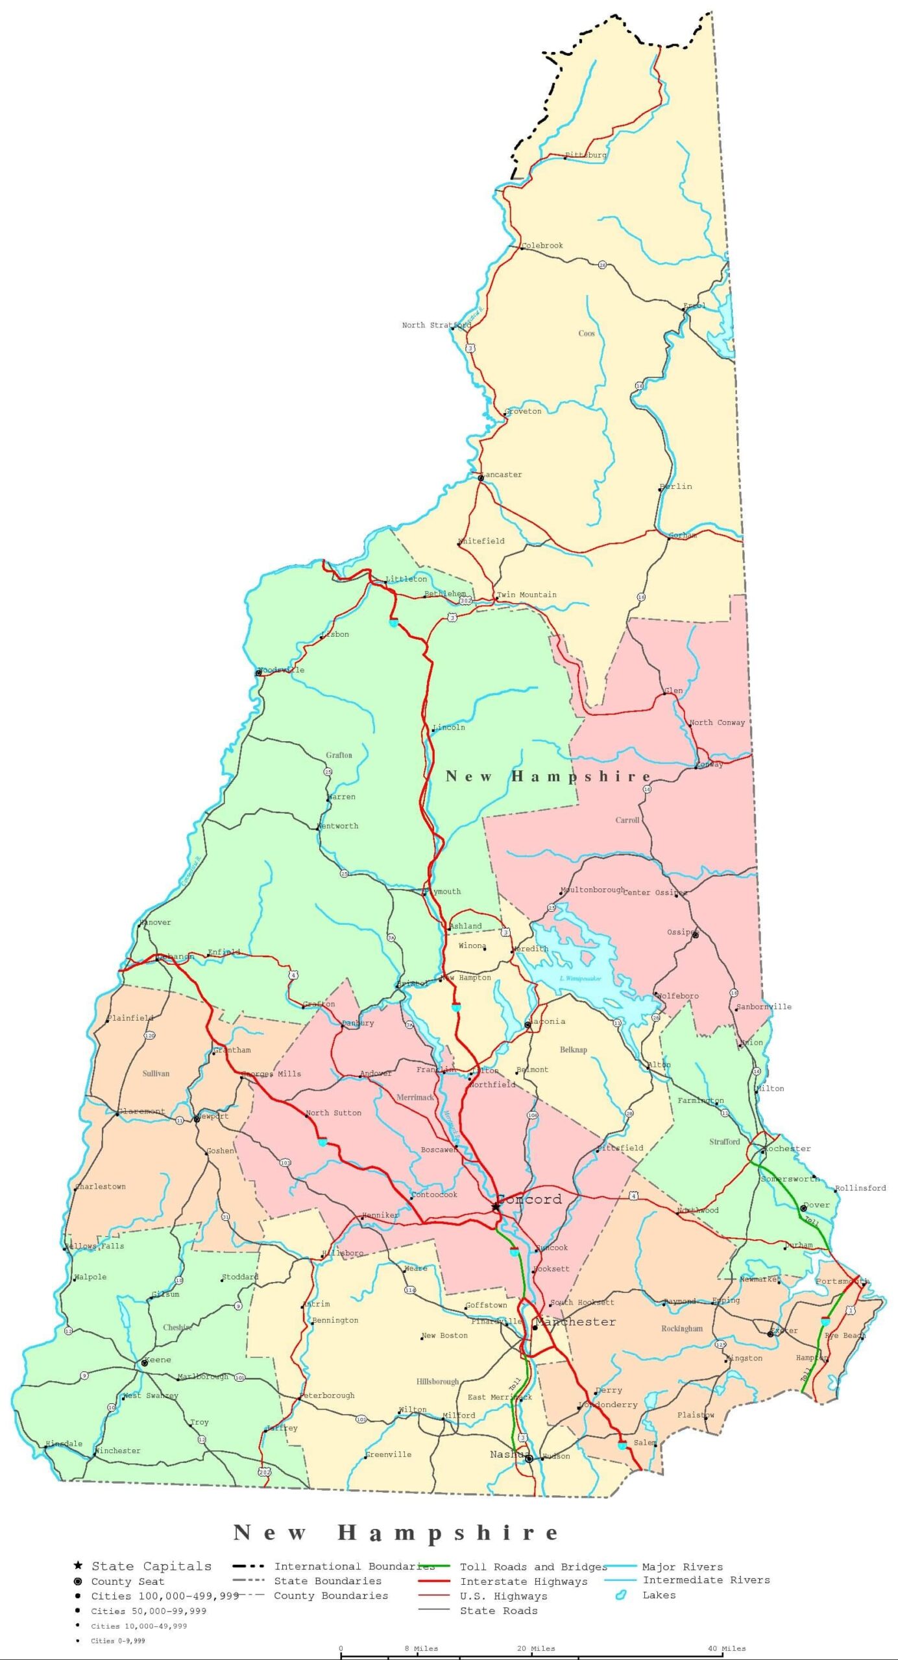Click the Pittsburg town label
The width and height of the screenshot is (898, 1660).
tap(586, 155)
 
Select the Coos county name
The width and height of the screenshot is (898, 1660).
tap(587, 333)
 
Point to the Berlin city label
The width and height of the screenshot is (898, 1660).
tap(677, 486)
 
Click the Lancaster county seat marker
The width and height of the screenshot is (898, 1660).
tap(481, 478)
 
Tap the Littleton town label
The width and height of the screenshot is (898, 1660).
tap(407, 579)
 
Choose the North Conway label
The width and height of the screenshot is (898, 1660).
tap(717, 722)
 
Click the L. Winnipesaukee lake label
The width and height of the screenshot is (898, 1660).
tap(580, 978)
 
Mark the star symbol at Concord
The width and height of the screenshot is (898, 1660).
tap(496, 1206)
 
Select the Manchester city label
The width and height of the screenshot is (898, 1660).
tap(576, 1322)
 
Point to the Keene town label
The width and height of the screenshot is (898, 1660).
tap(158, 1359)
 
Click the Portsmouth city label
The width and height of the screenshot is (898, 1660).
tap(842, 1281)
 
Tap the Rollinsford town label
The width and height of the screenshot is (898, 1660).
tap(860, 1188)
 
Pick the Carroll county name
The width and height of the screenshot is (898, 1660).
tap(627, 820)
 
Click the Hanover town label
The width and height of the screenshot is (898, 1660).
tap(156, 922)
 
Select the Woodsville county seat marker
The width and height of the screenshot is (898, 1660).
tap(258, 672)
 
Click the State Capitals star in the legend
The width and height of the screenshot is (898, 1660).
tap(78, 1566)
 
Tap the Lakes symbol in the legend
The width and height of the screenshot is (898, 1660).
tap(620, 1595)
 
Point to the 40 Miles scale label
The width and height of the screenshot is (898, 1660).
tap(727, 1648)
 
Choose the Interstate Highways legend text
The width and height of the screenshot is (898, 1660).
tap(524, 1582)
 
